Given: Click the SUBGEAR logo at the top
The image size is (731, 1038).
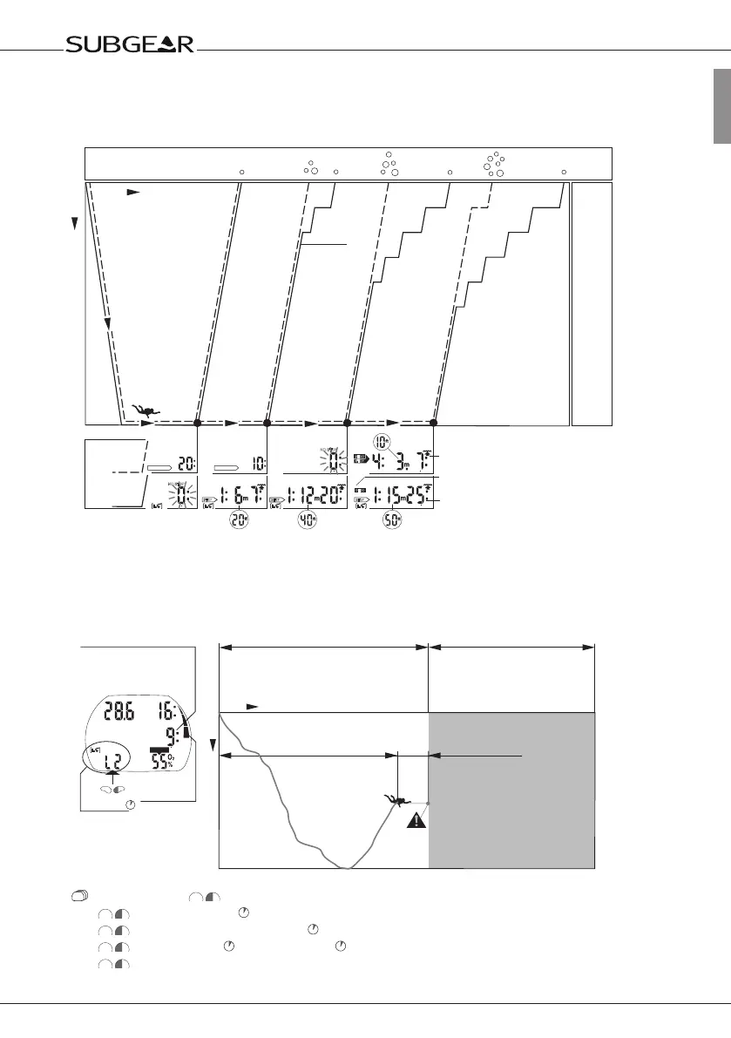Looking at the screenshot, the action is pos(131,44).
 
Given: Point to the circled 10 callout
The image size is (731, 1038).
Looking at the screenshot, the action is pos(382,441).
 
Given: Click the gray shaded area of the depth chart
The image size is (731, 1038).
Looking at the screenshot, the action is pos(511,789).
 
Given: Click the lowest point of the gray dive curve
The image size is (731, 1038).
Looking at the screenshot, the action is pos(347,868).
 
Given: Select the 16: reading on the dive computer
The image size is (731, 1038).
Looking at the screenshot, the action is pos(173,711).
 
